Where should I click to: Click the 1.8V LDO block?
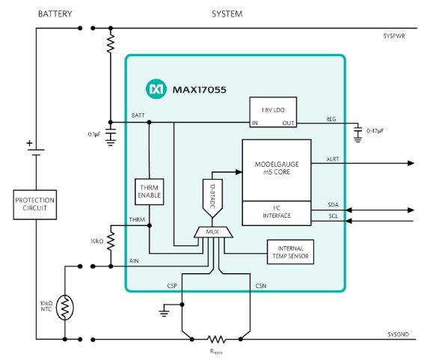coord(273,112)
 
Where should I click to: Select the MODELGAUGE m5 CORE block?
coord(277,170)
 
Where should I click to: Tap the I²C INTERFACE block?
coord(277,213)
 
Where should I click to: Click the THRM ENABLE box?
coord(150,192)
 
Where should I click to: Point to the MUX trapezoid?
coord(213,232)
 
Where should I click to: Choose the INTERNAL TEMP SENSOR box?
coord(290,252)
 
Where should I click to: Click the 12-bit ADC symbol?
coord(212,198)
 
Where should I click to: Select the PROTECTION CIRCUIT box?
coord(35,205)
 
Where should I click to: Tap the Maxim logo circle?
coord(156,89)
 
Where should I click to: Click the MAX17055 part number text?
coord(200,90)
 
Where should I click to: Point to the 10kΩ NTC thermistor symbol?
coord(64,308)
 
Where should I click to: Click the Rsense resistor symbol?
coord(216,339)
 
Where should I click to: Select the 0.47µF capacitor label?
coord(375,131)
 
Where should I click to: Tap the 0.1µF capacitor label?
coord(94,135)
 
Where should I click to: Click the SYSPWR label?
coord(394,36)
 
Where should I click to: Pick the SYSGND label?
coord(398,335)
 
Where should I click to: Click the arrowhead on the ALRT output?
coord(411,163)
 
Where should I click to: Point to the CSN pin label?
coord(261,286)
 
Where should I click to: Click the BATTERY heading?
coord(55,13)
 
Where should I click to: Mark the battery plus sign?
coord(29,143)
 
